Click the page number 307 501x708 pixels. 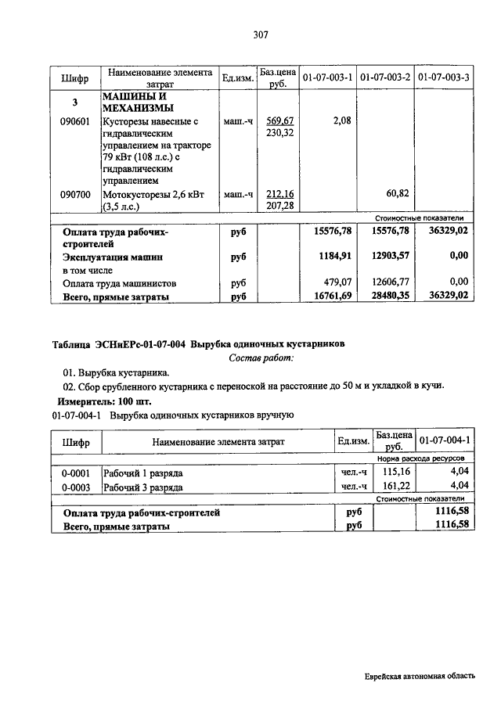(261, 35)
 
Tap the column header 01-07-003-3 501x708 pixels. (444, 78)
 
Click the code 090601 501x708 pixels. (75, 121)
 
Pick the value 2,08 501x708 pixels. (341, 120)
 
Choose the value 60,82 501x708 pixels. (398, 193)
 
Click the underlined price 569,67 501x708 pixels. (279, 121)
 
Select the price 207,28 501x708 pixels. (279, 205)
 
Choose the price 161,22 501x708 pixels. (394, 487)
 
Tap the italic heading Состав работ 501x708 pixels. (261, 358)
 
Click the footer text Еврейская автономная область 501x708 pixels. (419, 677)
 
